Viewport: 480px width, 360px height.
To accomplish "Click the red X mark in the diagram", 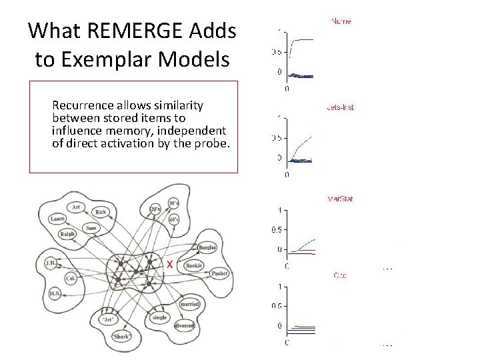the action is (170, 265).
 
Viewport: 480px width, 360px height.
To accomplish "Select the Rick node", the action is (101, 213).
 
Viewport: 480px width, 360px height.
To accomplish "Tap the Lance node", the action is (57, 219).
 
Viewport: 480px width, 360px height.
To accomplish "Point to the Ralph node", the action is (67, 234).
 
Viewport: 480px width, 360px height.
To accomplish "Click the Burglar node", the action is (207, 248).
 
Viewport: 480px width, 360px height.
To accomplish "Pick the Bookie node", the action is (194, 265).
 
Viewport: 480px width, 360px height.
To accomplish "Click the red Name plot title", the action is (341, 21).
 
